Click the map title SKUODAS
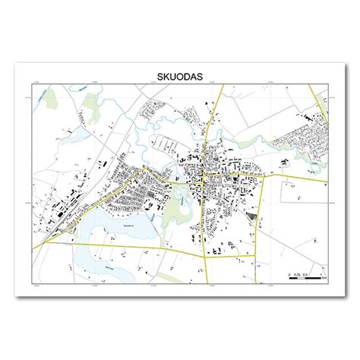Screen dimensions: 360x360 tap(179, 77)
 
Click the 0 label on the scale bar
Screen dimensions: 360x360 tap(289, 271)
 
